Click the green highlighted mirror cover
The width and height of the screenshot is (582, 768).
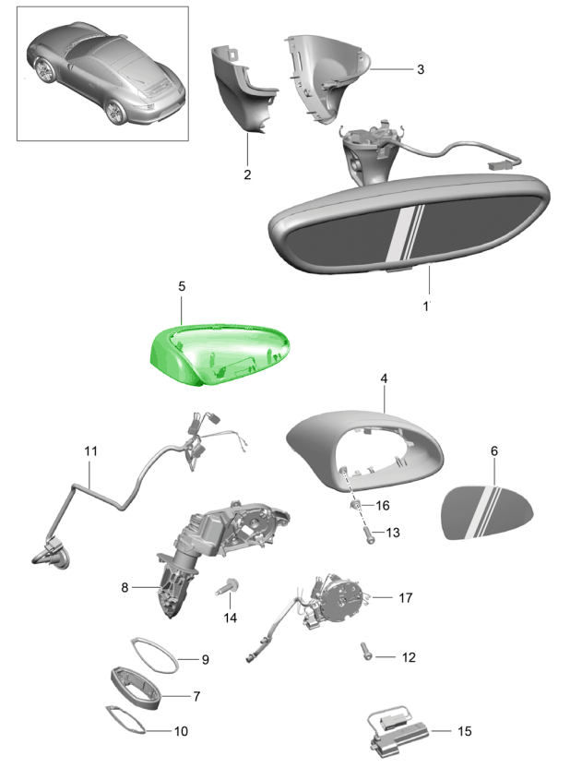coord(220,354)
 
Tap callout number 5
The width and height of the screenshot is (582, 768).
coord(182,286)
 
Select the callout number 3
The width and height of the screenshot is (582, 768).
coord(421,69)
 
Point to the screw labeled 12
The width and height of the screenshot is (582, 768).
coord(367,651)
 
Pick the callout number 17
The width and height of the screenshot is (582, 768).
coord(405,597)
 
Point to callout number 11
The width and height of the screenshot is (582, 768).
coord(90,450)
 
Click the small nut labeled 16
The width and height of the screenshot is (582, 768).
coord(355,505)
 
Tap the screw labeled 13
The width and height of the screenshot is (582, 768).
coord(369,534)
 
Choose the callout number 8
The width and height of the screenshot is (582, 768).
coord(125,587)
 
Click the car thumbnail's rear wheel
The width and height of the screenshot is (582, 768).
coord(116,112)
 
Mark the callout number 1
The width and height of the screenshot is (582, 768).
coord(426,306)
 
